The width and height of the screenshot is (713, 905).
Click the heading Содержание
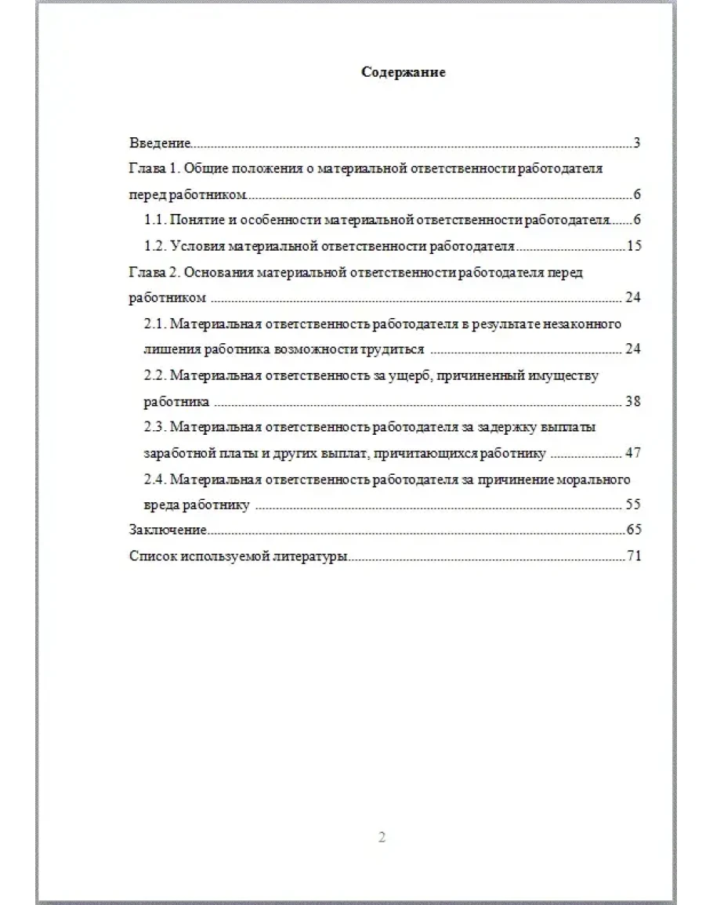point(403,72)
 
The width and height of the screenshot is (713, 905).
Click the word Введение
point(160,143)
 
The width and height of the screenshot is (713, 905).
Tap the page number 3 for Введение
point(638,143)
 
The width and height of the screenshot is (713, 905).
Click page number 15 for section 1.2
point(634,246)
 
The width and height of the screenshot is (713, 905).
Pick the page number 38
point(634,401)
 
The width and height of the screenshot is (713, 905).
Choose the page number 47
point(634,454)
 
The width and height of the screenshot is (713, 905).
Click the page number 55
point(634,505)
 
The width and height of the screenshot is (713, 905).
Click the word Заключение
point(167,530)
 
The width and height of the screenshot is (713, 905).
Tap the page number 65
point(634,530)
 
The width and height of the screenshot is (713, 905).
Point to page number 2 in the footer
point(382,838)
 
